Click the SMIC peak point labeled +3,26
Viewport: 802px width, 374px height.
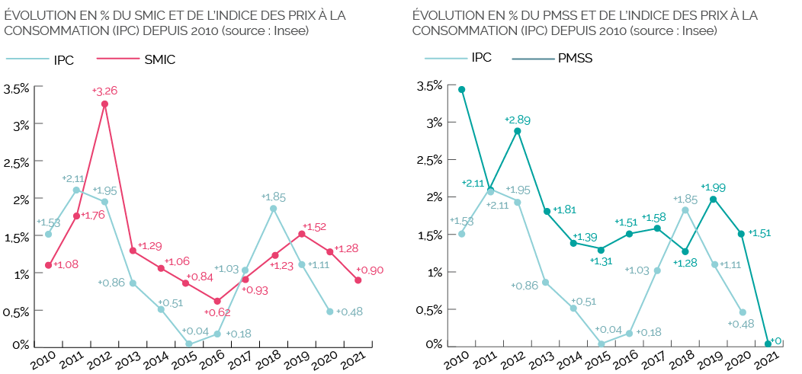tap(104, 104)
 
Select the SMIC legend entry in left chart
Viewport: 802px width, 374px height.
tap(160, 60)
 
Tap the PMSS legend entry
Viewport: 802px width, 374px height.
tap(575, 58)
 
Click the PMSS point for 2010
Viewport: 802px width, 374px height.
tap(461, 90)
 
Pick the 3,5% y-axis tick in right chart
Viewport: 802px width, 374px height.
tap(428, 86)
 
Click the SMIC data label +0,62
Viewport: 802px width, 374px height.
tap(219, 312)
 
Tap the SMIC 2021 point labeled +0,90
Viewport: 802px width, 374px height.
tap(358, 280)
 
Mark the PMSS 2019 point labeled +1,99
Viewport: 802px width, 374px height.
tap(713, 200)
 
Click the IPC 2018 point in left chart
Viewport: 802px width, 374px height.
tap(273, 208)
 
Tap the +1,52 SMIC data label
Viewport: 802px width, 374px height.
tap(314, 226)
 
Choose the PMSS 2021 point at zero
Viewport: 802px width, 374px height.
tap(768, 344)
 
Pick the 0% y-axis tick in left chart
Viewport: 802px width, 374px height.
tap(21, 345)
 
